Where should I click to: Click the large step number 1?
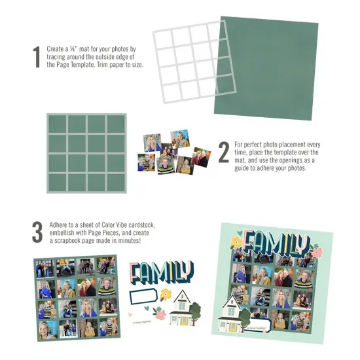36,57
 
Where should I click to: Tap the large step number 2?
223,153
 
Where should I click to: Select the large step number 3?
37,232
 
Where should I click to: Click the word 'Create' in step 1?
57,49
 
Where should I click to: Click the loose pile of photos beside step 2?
172,152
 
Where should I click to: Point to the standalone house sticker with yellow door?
184,308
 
